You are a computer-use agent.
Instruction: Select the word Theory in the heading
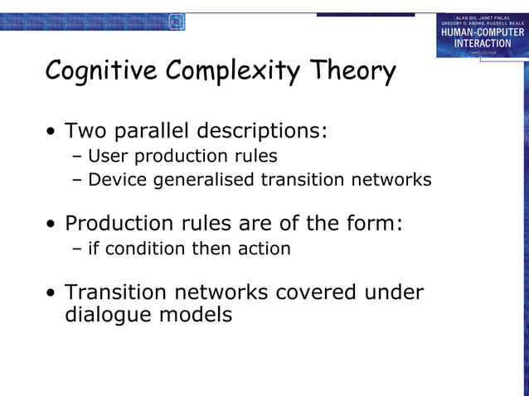352,72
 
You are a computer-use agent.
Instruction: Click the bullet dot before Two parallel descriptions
52,133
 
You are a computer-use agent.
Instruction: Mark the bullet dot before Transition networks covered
52,294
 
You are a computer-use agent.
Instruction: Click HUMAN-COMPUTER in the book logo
481,32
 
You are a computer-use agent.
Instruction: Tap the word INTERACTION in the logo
481,43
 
